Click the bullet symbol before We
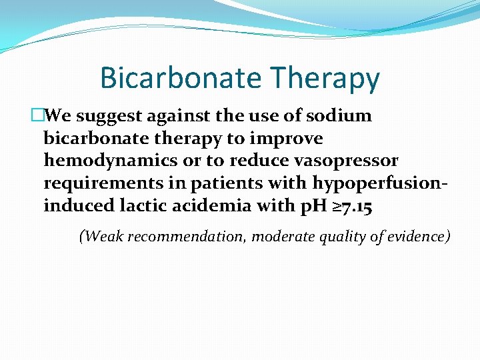[37, 116]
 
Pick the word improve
[290, 139]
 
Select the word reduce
[233, 161]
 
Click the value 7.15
[354, 207]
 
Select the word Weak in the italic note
[99, 236]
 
